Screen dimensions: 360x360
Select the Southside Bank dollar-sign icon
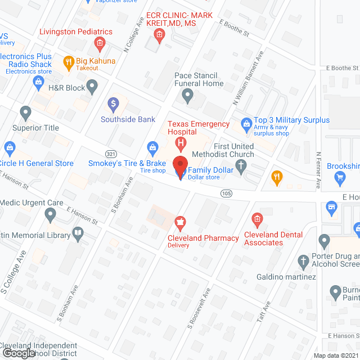pos(113,103)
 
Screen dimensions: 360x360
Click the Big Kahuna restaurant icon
pos(69,61)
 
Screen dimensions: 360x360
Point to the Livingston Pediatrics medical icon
pos(100,43)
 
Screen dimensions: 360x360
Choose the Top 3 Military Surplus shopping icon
pos(246,123)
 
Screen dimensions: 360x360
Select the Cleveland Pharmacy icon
pos(181,223)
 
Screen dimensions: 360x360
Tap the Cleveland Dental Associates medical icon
pos(257,218)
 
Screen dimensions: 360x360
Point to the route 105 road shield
pos(226,193)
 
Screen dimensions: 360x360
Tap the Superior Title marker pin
pos(24,113)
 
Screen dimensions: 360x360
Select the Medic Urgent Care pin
pos(51,214)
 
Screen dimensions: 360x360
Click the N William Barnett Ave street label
pos(245,77)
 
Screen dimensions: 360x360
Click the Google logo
pos(18,353)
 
